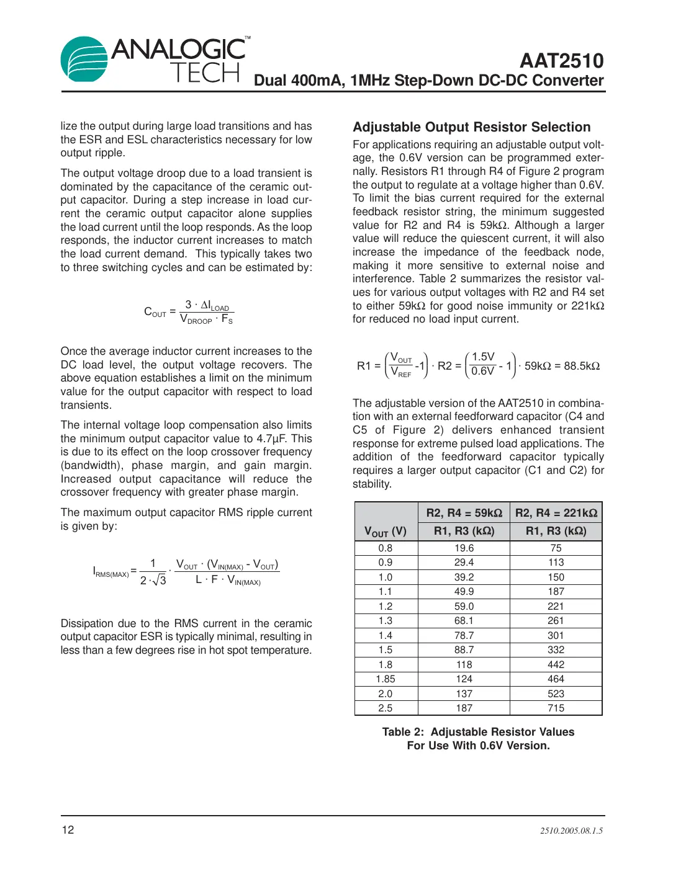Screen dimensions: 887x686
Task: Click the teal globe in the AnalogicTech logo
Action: (x=84, y=60)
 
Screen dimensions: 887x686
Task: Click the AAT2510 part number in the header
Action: (x=561, y=61)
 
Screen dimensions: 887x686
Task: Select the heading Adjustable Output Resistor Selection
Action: (x=471, y=127)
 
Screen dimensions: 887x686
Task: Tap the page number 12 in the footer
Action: (x=68, y=830)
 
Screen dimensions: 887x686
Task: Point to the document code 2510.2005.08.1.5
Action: (x=571, y=831)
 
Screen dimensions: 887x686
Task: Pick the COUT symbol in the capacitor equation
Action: (x=155, y=312)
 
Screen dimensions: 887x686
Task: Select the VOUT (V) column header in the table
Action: (x=386, y=531)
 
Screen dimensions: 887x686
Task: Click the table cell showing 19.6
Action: (x=464, y=548)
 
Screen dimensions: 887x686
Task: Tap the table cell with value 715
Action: (x=556, y=708)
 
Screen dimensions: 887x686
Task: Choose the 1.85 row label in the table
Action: (x=386, y=679)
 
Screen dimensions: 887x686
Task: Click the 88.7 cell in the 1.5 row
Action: (x=464, y=650)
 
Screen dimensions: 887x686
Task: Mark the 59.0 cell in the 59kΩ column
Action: (x=464, y=607)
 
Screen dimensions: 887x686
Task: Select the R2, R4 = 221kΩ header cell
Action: (x=556, y=513)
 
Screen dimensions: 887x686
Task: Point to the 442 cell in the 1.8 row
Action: (x=556, y=665)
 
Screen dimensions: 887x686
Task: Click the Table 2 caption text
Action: (x=478, y=739)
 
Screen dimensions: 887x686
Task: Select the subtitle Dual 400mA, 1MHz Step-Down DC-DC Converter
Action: (x=428, y=81)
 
